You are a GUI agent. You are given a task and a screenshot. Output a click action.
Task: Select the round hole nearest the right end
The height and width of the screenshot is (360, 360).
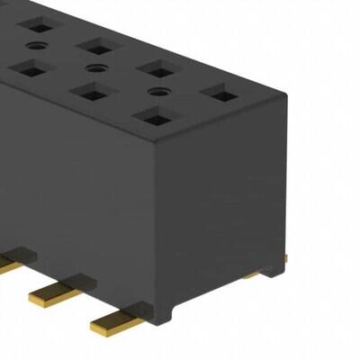[158, 91]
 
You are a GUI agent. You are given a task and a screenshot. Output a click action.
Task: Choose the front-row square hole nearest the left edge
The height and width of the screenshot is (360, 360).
[30, 67]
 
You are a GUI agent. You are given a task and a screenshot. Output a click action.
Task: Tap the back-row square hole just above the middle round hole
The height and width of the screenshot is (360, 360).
[94, 44]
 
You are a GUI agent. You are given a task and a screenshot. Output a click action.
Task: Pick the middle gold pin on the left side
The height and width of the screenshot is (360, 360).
[56, 290]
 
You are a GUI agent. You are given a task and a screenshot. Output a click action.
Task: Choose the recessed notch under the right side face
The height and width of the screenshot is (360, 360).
[216, 286]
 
